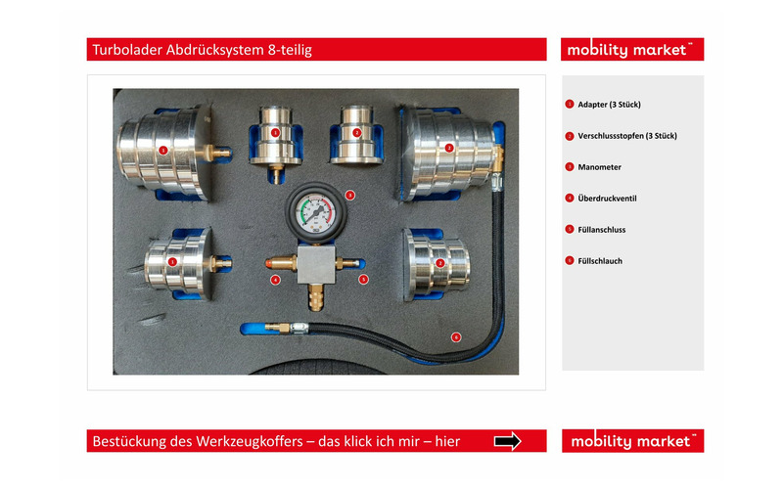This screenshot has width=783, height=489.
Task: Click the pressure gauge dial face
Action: (315, 213)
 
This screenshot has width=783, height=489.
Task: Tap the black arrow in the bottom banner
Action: (507, 441)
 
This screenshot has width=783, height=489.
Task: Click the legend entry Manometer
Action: (599, 167)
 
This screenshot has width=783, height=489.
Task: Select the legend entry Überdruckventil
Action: (607, 199)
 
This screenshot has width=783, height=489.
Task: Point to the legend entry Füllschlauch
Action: (600, 261)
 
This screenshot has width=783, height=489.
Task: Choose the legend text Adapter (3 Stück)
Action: (609, 105)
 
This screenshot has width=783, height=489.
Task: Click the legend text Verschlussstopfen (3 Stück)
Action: (627, 136)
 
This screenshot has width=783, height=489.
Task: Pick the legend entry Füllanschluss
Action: (601, 230)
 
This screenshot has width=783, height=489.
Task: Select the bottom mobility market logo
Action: (632, 441)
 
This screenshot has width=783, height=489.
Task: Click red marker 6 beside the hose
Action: (456, 337)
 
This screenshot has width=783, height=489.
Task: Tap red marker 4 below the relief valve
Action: (275, 280)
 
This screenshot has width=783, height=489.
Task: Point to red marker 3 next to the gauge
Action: (350, 195)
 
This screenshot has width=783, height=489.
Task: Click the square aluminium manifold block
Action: (316, 264)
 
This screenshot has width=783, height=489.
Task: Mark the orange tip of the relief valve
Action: (269, 262)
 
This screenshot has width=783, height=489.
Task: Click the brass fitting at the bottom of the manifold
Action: (315, 297)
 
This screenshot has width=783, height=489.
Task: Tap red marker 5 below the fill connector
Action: (363, 280)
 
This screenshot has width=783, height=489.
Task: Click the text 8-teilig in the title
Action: (290, 50)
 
